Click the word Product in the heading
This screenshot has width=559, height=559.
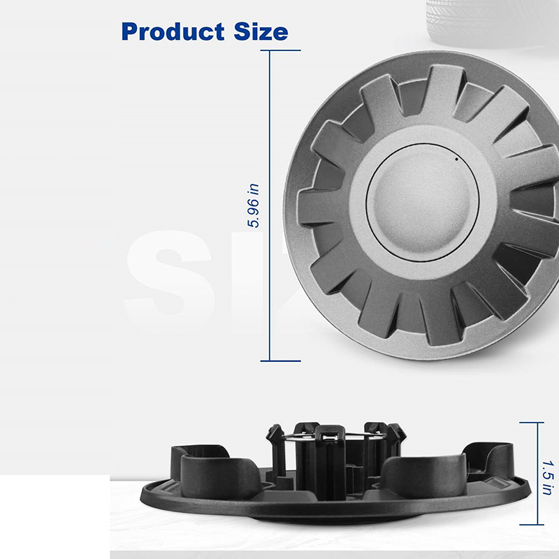173,31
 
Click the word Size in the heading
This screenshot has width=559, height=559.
261,31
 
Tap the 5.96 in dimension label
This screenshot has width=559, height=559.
253,205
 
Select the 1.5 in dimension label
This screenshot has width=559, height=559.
548,478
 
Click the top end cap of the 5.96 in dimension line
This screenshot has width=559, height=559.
281,50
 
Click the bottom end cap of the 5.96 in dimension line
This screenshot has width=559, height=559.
281,361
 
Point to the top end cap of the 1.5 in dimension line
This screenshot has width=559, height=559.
532,423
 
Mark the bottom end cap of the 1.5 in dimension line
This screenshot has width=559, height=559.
532,525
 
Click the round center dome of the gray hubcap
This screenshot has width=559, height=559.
422,203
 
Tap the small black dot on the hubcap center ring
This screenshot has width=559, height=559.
457,159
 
